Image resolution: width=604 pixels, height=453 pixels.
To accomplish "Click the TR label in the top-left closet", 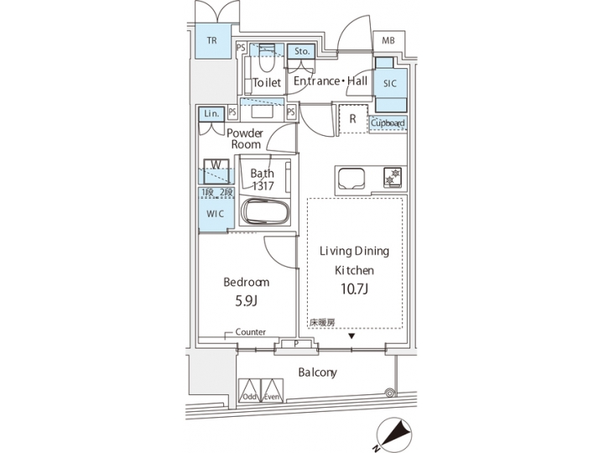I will tap(213, 40).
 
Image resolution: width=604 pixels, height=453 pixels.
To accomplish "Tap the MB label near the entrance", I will tap(388, 40).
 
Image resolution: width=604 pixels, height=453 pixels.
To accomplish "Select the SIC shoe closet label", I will tap(390, 84).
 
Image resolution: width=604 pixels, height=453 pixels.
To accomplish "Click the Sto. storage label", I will tap(301, 51).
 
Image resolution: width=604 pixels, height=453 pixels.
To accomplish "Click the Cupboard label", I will tap(388, 123).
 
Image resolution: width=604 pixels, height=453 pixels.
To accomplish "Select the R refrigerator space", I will tap(353, 118).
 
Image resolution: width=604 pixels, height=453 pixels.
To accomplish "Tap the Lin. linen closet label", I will tap(210, 113).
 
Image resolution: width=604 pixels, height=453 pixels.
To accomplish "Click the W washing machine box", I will tap(216, 166).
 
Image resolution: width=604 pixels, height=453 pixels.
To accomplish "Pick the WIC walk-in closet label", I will tap(216, 214).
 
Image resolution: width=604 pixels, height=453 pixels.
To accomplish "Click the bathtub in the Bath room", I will tap(265, 211).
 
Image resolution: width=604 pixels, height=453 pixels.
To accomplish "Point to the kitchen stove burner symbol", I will tap(391, 177).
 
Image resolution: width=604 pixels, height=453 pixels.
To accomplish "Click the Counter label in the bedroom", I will tap(250, 333).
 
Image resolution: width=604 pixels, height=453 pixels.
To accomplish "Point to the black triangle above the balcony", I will tap(352, 337).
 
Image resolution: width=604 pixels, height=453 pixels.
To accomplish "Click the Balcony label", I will tap(316, 372).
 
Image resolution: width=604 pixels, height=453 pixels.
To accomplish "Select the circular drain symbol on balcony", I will tap(389, 392).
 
